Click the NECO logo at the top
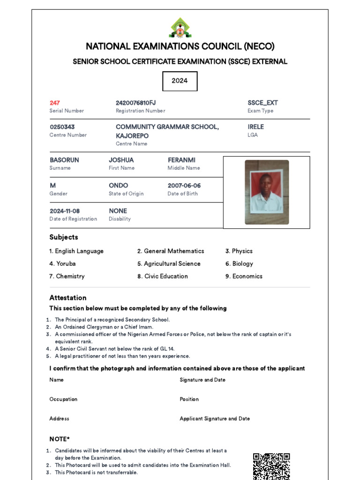click(x=180, y=28)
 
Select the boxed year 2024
click(x=180, y=81)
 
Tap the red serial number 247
click(x=55, y=103)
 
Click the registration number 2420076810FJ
click(x=135, y=103)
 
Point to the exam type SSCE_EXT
click(x=262, y=103)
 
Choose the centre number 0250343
click(x=62, y=127)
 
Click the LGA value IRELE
click(x=255, y=127)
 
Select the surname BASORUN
click(x=64, y=160)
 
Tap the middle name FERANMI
click(x=181, y=160)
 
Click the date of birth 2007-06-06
click(x=184, y=186)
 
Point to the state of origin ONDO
click(x=118, y=186)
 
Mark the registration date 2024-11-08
click(x=65, y=211)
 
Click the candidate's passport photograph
click(x=267, y=192)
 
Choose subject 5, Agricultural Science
click(x=169, y=264)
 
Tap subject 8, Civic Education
click(x=163, y=277)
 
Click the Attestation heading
click(x=68, y=298)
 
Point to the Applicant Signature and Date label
click(x=215, y=419)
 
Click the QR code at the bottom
click(x=271, y=466)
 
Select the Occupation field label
click(x=63, y=399)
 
